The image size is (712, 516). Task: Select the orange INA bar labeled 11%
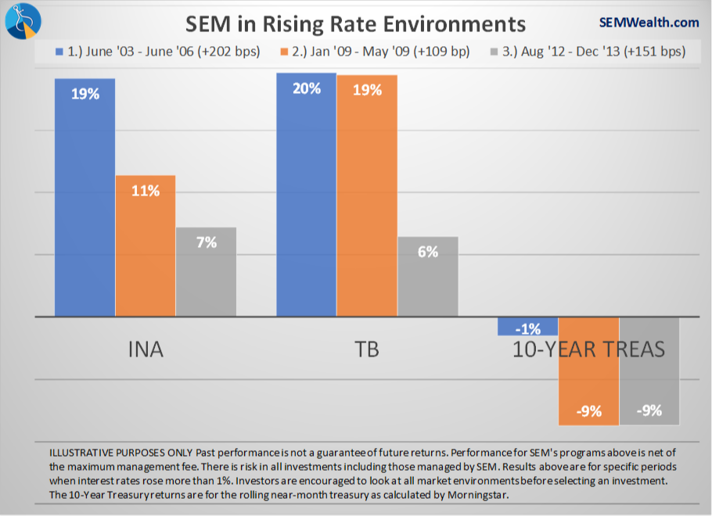coord(146,245)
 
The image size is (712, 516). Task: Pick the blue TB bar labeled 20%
coord(307,195)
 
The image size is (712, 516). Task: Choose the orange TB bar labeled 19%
coord(367,195)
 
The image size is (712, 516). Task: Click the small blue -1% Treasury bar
coord(528,326)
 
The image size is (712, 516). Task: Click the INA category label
coord(146,349)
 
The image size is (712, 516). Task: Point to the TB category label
coord(367,349)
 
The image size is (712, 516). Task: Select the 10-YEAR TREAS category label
coord(588,349)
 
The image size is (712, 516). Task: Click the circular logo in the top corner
coord(23,21)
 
